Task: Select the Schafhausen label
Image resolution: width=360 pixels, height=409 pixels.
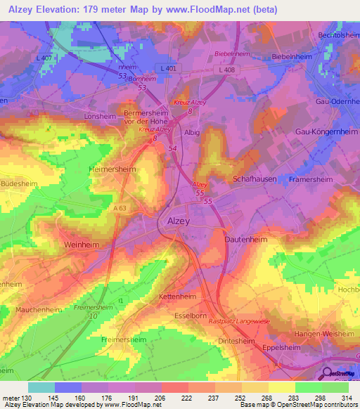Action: point(254,179)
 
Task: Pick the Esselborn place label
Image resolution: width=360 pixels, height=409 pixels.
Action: point(189,316)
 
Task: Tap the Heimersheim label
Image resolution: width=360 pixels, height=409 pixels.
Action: point(112,169)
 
